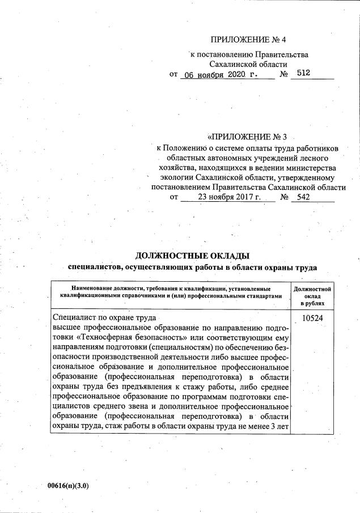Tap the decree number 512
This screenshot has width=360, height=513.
click(x=304, y=74)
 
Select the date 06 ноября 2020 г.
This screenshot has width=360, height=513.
click(x=218, y=74)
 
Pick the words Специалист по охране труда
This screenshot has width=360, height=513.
click(x=103, y=319)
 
